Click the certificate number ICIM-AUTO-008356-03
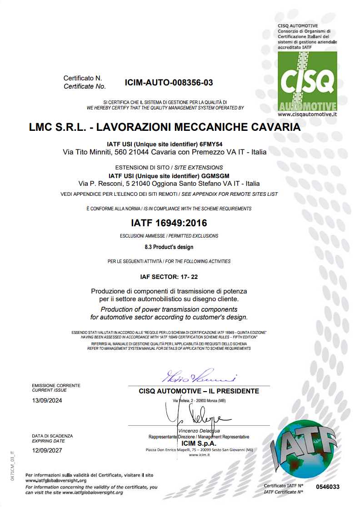pyautogui.click(x=169, y=83)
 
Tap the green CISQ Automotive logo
pyautogui.click(x=307, y=81)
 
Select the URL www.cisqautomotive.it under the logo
pyautogui.click(x=307, y=115)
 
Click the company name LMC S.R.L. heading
pyautogui.click(x=165, y=127)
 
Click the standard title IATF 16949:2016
pyautogui.click(x=169, y=223)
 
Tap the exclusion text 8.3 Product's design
pyautogui.click(x=169, y=247)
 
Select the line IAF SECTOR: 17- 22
pyautogui.click(x=169, y=276)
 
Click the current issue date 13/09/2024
pyautogui.click(x=47, y=401)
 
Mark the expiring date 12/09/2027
pyautogui.click(x=47, y=451)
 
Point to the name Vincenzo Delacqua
pyautogui.click(x=199, y=431)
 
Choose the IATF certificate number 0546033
pyautogui.click(x=328, y=487)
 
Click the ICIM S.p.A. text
pyautogui.click(x=199, y=443)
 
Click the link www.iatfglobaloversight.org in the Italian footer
pyautogui.click(x=55, y=480)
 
